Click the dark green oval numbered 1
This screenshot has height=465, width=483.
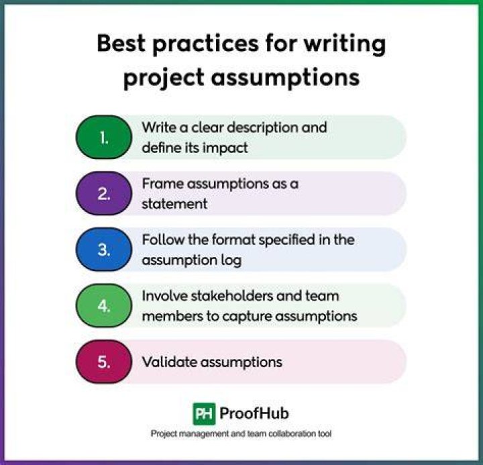(104, 137)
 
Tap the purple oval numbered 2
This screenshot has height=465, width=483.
(104, 193)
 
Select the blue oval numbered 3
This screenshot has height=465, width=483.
(104, 250)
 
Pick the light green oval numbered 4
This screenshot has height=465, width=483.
(104, 305)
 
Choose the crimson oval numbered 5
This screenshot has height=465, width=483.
(104, 362)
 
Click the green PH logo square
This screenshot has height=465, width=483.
(204, 413)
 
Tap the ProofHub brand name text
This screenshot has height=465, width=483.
(254, 413)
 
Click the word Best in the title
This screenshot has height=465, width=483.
(121, 43)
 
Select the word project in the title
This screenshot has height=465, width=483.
(164, 78)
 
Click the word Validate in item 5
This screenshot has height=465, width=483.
(169, 362)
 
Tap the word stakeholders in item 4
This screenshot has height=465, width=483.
(232, 296)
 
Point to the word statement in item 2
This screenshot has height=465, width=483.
(174, 204)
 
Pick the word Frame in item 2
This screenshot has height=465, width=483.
(162, 184)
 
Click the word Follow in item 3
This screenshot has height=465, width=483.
(162, 240)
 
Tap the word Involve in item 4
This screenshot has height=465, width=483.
(164, 296)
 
